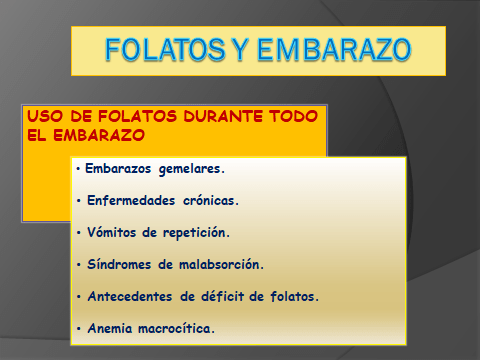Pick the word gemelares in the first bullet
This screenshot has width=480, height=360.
tap(189, 169)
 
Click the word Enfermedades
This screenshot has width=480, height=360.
tap(127, 200)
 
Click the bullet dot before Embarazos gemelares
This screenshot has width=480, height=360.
tap(79, 169)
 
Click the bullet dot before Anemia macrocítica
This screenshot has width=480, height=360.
tap(79, 328)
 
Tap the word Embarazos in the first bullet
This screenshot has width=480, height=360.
tap(117, 169)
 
